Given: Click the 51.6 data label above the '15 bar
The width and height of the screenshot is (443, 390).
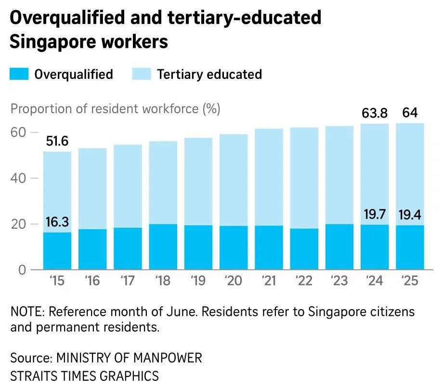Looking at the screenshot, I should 57,142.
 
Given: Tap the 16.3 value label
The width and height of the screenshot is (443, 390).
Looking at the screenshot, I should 57,222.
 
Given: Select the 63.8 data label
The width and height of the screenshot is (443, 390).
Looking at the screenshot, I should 375,114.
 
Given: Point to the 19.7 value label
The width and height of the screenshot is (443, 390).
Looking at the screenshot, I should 375,214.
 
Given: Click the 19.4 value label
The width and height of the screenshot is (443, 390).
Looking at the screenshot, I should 410,214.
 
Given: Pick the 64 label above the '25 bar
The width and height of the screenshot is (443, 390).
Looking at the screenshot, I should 410,114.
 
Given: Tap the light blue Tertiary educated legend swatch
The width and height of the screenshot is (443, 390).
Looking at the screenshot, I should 141,74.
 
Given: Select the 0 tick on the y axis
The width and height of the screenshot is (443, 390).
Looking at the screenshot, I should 21,270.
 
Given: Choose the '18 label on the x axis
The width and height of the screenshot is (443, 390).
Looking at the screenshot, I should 163,281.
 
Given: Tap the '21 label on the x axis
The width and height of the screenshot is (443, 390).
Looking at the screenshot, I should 269,281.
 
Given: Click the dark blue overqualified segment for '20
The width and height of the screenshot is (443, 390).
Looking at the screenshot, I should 234,247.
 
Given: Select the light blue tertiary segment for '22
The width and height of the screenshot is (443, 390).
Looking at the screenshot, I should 304,178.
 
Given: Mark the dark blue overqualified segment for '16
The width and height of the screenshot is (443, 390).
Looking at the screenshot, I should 92,249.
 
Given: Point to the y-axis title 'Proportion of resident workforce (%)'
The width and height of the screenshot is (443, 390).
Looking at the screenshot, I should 115,109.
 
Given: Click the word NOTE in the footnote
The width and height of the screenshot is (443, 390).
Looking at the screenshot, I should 25,312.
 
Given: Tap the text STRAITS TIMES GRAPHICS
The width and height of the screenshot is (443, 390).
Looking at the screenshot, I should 84,376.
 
